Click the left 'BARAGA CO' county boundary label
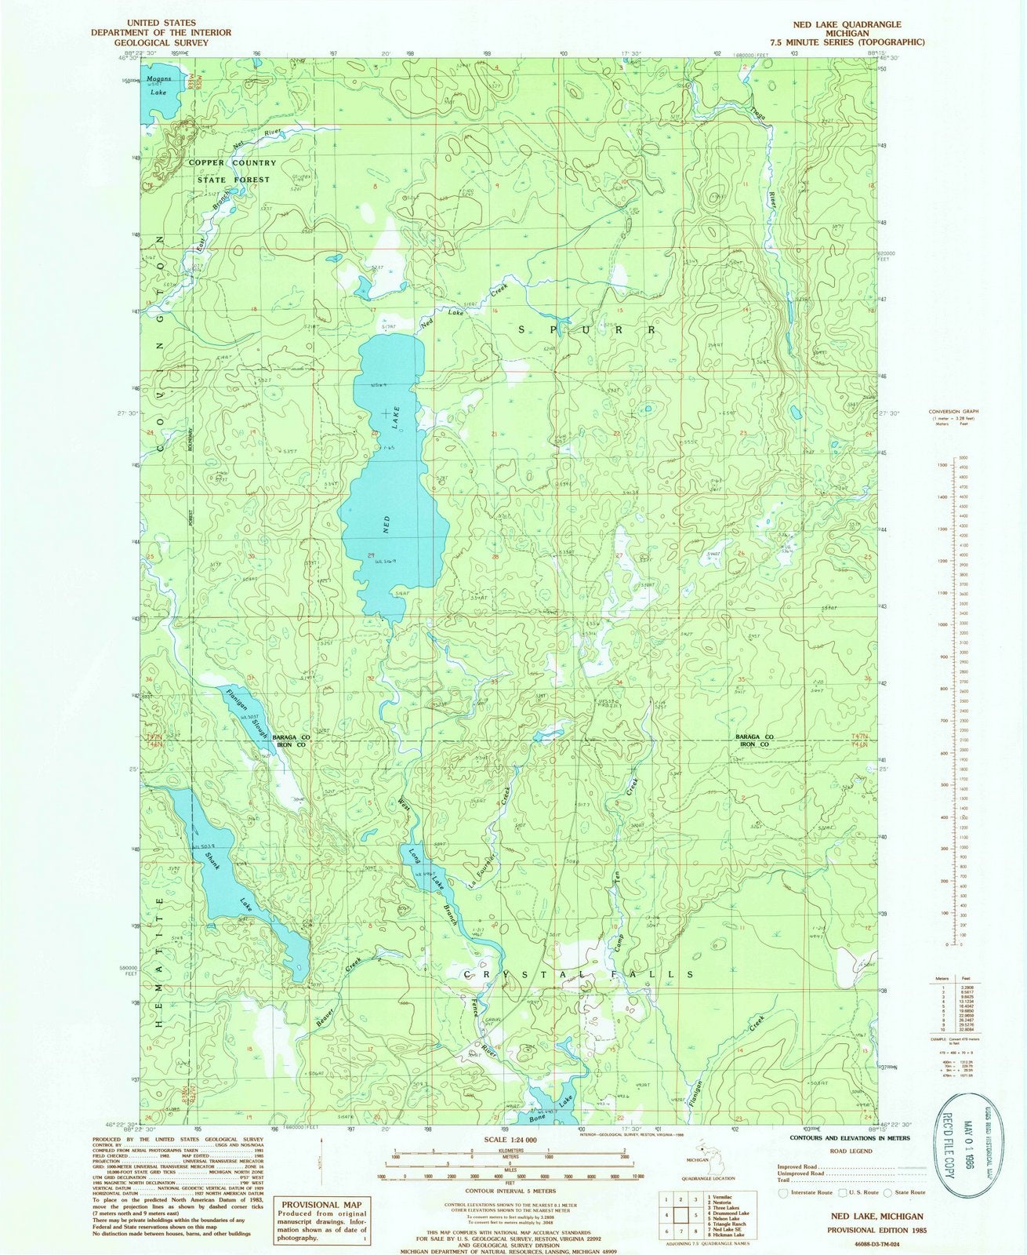click(x=292, y=739)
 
